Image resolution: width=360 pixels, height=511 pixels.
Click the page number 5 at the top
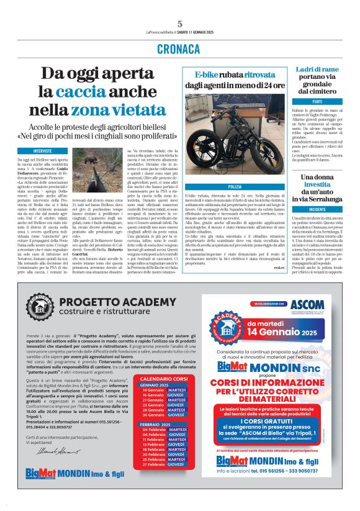179,24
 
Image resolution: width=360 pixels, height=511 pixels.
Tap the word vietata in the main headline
137,110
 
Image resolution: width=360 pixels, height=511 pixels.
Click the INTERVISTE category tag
43,151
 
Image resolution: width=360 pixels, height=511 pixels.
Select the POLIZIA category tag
235,186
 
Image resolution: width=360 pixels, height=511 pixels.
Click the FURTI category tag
317,101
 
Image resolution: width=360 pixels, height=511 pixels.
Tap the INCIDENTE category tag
317,210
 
